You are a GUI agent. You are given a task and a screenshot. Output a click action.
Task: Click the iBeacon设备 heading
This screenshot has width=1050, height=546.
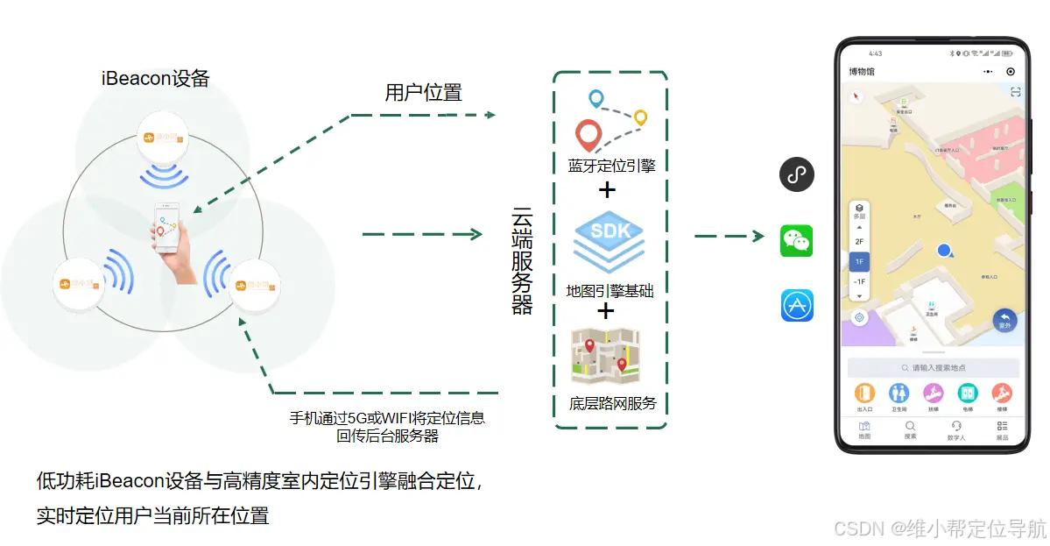[x=155, y=78]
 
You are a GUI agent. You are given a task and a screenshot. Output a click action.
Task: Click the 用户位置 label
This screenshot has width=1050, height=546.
[x=423, y=93]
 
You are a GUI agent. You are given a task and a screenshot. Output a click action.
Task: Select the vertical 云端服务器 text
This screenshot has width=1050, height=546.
[x=523, y=261]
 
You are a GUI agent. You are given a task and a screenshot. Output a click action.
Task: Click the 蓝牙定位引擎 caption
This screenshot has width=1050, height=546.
[x=611, y=165]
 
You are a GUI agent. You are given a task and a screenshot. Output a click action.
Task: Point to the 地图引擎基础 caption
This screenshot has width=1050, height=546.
[x=610, y=291]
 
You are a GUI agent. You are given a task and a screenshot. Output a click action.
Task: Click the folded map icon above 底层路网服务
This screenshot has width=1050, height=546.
[x=606, y=357]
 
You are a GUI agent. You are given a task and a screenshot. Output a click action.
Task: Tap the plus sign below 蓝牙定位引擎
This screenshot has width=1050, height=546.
[x=606, y=189]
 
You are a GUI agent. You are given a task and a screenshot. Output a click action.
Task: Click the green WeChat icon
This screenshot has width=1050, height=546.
[x=796, y=240]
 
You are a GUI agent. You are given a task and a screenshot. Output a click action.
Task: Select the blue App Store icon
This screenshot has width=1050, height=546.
[x=797, y=305]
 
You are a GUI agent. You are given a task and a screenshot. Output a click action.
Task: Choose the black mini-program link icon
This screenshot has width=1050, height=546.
[x=796, y=174]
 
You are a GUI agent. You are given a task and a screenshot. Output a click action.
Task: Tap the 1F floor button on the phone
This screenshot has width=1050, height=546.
[x=859, y=261]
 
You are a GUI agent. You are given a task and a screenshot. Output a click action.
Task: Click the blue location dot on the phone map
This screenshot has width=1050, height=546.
[x=943, y=251]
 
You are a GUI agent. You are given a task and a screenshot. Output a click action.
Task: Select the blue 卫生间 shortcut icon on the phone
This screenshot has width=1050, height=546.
[x=898, y=394]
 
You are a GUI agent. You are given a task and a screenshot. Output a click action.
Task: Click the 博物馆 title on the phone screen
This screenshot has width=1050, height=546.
[x=862, y=72]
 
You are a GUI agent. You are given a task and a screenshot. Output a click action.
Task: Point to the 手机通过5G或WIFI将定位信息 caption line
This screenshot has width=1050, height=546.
[x=387, y=419]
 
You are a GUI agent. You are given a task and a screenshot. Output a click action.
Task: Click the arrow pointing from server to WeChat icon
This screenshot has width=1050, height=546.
[x=729, y=235]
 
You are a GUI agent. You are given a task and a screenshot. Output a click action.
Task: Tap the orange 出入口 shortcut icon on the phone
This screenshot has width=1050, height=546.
[x=865, y=394]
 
